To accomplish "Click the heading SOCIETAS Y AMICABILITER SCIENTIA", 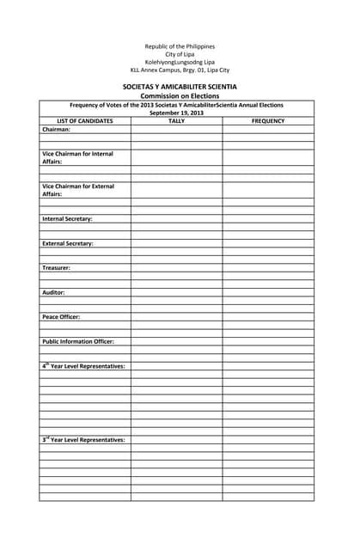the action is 180,87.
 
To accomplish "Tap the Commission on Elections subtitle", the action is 180,96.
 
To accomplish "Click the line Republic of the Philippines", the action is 180,46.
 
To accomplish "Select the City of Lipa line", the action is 180,53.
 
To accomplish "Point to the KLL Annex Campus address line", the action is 180,70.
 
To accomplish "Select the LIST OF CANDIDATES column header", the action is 85,121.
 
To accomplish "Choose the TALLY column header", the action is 176,121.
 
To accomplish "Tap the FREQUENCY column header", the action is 268,121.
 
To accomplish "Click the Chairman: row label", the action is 57,130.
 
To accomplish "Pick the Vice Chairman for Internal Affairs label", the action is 77,157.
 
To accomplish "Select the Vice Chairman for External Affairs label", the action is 77,190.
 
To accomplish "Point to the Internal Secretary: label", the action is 67,219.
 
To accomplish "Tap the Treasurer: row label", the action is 57,268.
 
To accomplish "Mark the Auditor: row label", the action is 53,292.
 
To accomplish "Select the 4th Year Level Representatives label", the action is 83,366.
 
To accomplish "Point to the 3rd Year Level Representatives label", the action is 83,439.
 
